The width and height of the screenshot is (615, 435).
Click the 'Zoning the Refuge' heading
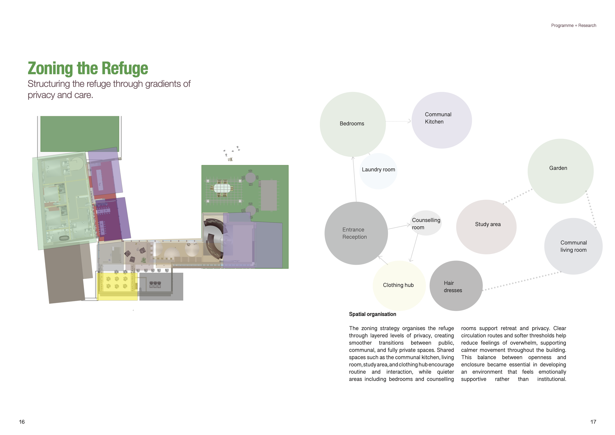pos(88,68)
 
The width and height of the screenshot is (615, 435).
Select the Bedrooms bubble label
pos(352,124)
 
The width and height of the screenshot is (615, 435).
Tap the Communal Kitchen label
pos(438,118)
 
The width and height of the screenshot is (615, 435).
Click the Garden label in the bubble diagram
pos(558,168)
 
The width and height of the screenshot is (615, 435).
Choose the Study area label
pos(488,224)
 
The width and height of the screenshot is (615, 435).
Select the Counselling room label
pos(426,224)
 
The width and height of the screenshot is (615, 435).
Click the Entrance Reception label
pos(354,233)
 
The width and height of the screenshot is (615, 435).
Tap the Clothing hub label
pos(398,285)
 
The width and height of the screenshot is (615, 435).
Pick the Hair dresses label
pos(453,287)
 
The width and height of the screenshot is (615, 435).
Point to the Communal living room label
pos(573,246)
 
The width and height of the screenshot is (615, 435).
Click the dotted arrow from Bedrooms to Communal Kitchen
pos(398,121)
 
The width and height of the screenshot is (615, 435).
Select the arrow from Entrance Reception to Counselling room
pos(399,227)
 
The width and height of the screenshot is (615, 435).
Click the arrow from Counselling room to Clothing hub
pos(414,247)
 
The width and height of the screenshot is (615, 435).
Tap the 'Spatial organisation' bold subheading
pos(372,314)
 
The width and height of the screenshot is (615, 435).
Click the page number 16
pos(22,422)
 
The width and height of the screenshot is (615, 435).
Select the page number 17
pos(593,422)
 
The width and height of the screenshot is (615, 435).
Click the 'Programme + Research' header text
pos(573,25)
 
